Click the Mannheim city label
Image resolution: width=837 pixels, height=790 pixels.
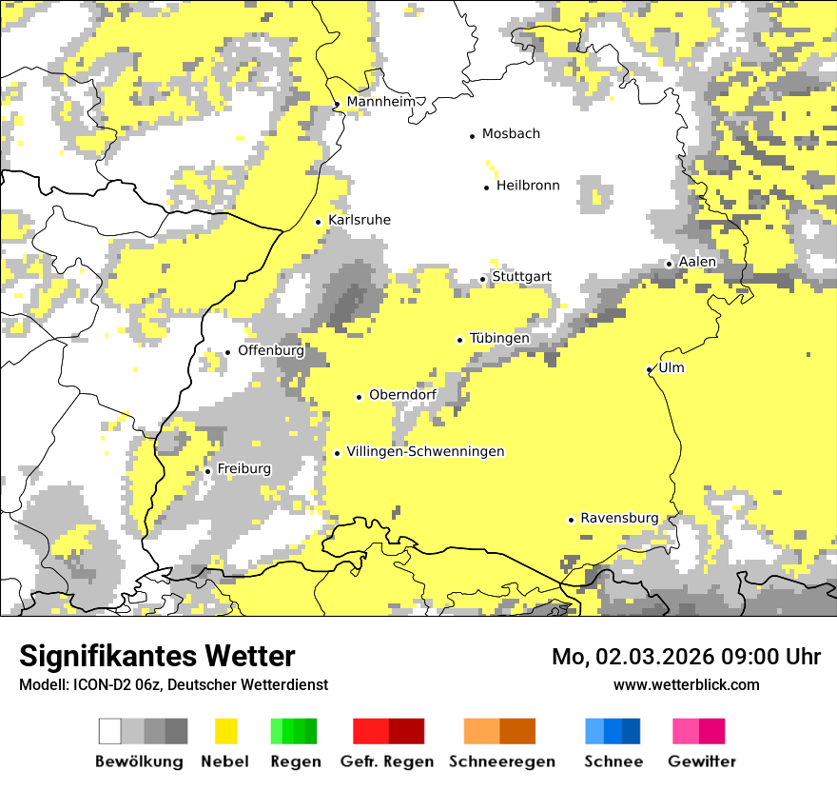[381, 102]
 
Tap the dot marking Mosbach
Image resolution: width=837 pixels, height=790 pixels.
[472, 136]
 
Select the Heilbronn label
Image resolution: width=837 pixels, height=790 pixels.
[528, 186]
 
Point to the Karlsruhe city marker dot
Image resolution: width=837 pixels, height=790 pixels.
[319, 222]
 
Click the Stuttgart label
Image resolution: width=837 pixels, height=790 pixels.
[521, 277]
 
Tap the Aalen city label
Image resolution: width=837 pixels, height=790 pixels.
[697, 262]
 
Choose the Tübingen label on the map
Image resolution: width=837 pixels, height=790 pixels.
[499, 338]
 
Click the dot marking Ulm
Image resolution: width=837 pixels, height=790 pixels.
[649, 369]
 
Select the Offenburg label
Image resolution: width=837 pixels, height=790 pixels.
[271, 350]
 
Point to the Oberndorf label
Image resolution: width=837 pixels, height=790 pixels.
[402, 395]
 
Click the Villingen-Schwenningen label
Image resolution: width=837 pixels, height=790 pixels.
[425, 451]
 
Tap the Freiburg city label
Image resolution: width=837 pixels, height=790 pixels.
[243, 469]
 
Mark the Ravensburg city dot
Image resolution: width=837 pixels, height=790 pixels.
[571, 520]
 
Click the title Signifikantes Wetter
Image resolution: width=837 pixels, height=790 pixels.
[157, 657]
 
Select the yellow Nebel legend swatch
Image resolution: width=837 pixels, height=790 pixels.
[226, 731]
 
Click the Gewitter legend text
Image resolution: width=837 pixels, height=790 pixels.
[701, 761]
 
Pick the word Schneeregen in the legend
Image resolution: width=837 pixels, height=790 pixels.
[501, 761]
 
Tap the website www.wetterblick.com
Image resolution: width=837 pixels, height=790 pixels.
[686, 684]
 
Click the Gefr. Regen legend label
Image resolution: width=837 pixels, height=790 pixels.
[386, 761]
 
